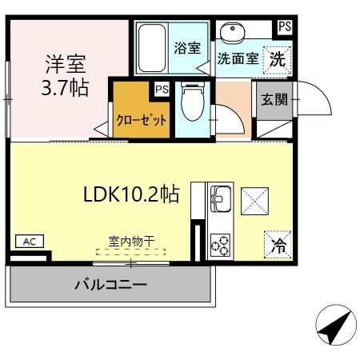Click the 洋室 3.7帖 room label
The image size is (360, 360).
[x=66, y=75]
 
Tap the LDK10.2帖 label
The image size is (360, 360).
[x=131, y=194]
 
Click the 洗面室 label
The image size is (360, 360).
[x=238, y=58]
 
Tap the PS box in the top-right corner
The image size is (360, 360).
[x=284, y=26]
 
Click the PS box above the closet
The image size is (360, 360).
[x=162, y=89]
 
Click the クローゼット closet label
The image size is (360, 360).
[x=142, y=120]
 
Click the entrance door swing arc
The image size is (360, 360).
[x=314, y=94]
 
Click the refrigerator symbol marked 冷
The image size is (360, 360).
[x=278, y=246]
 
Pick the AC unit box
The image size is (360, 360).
[x=29, y=241]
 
